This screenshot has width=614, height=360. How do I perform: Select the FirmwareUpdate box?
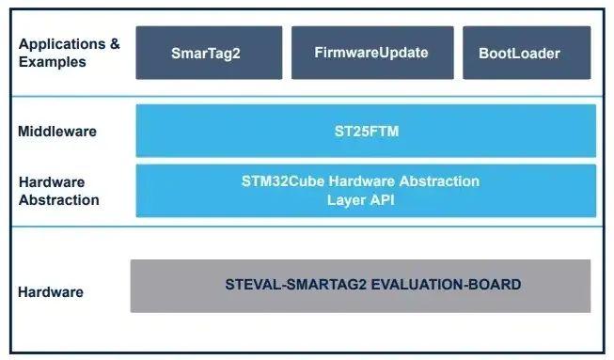371,53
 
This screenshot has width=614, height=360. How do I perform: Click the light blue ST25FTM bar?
366,131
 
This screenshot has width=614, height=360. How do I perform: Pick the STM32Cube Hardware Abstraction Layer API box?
366,190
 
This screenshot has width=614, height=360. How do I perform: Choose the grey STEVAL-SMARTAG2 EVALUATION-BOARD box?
360,286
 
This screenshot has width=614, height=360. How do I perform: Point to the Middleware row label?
56,132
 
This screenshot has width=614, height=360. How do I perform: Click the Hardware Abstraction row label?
58,191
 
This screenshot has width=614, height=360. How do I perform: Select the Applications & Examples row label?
69,53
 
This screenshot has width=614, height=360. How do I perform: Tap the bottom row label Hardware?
50,292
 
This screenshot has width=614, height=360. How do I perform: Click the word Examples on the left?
52,62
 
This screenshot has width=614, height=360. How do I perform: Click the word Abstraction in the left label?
58,199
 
